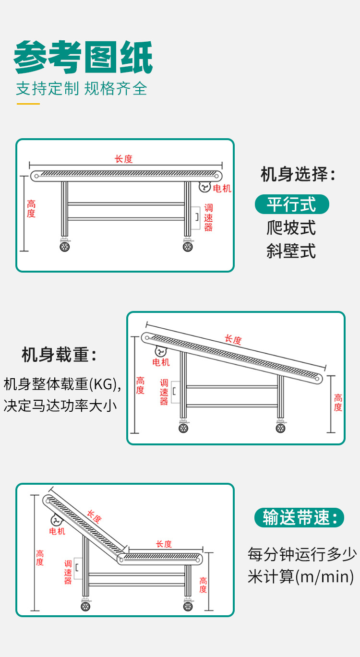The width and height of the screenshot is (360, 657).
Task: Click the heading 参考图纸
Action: coord(84,58)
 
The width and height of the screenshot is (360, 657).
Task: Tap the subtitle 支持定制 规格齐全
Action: coord(81,89)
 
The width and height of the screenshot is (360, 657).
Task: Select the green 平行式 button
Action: coord(291,204)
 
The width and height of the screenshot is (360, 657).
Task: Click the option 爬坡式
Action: coord(291,227)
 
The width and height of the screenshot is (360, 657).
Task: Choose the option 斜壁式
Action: coord(291,251)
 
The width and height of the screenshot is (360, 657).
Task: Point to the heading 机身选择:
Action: coord(298,174)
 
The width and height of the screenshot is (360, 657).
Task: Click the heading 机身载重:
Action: coord(60,355)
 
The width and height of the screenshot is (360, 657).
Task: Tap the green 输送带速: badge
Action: coord(300,518)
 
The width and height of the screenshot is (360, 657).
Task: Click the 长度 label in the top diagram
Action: coord(123,159)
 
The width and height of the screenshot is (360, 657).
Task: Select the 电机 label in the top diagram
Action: coord(222,189)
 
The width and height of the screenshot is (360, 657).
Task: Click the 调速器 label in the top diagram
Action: coord(208,217)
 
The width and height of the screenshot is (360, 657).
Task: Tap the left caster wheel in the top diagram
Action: coord(64,247)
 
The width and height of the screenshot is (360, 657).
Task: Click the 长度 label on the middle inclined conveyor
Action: coord(233,339)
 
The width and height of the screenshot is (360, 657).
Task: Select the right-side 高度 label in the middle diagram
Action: coord(338,403)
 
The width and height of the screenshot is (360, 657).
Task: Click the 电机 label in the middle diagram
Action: coord(161,362)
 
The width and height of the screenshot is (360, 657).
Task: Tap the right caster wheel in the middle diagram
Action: coord(280,428)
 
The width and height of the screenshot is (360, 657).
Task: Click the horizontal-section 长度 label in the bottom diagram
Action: coord(164,544)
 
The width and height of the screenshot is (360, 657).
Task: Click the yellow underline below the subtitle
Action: coord(28,104)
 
